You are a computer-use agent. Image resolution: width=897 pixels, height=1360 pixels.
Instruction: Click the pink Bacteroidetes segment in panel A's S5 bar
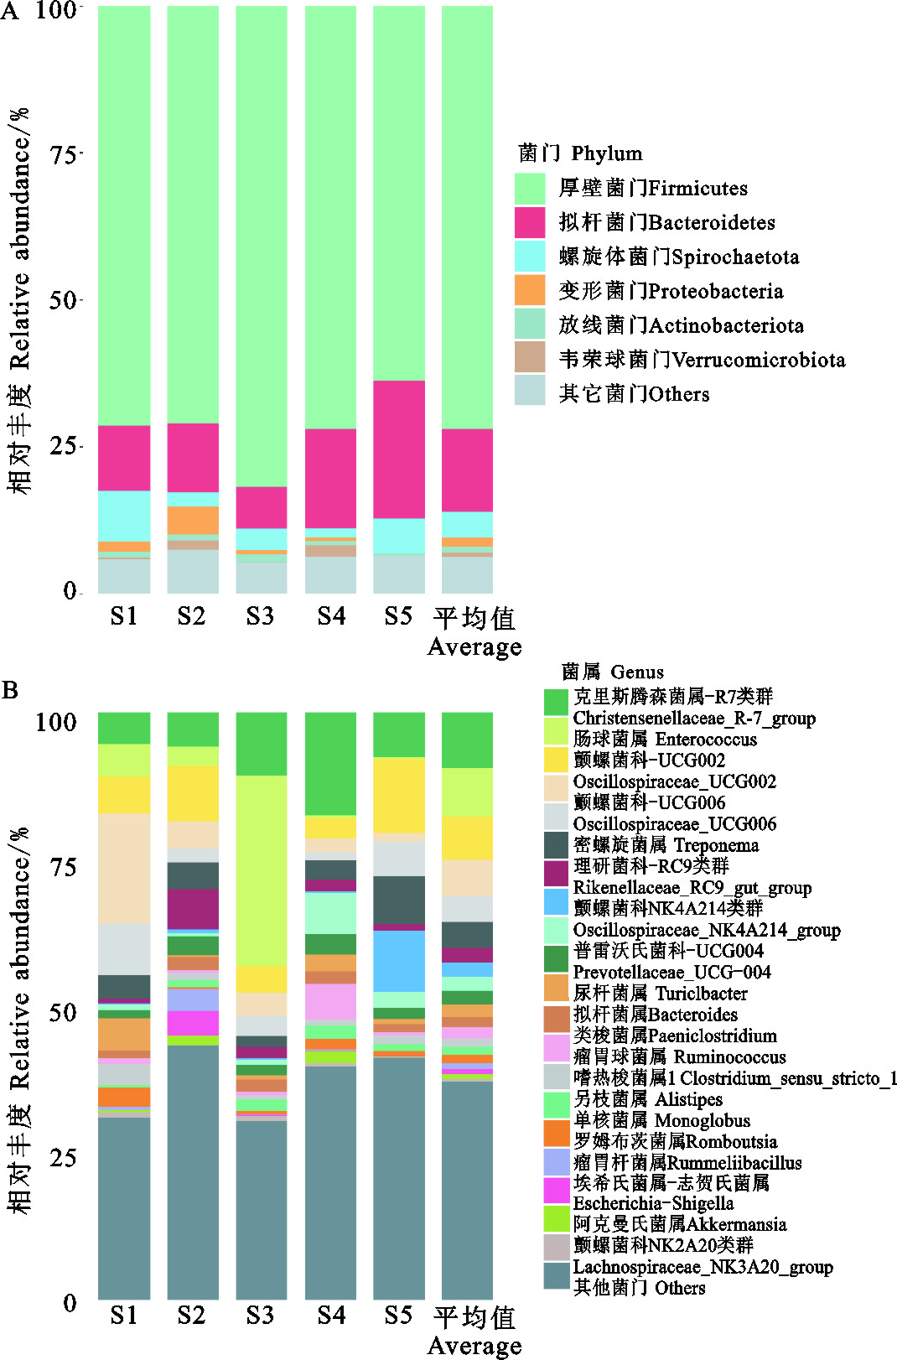pos(398,449)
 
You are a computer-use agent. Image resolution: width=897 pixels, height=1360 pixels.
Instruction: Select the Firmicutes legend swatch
pos(530,189)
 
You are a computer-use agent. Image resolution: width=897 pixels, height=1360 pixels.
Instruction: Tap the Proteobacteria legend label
pos(671,292)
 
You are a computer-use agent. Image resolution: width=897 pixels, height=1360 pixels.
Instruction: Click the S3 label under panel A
pos(260,616)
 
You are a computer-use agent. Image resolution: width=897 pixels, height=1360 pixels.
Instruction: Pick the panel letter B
pos(10,690)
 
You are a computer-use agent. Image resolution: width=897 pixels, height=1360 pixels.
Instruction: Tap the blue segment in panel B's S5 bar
pos(398,961)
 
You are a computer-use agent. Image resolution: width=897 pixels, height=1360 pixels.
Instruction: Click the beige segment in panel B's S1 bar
pos(124,868)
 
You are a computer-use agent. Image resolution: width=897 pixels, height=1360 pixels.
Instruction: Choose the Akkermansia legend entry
pos(679,1224)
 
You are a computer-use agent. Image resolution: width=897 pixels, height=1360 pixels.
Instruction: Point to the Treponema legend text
pos(666,845)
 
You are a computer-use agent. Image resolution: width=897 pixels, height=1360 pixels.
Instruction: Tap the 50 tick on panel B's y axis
pos(57,1012)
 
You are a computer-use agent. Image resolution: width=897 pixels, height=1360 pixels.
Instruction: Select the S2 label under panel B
pos(191,1315)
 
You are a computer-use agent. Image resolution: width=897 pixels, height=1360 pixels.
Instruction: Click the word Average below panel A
pos(474,647)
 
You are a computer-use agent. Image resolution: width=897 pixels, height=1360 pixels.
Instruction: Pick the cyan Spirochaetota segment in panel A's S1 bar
pos(124,516)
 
